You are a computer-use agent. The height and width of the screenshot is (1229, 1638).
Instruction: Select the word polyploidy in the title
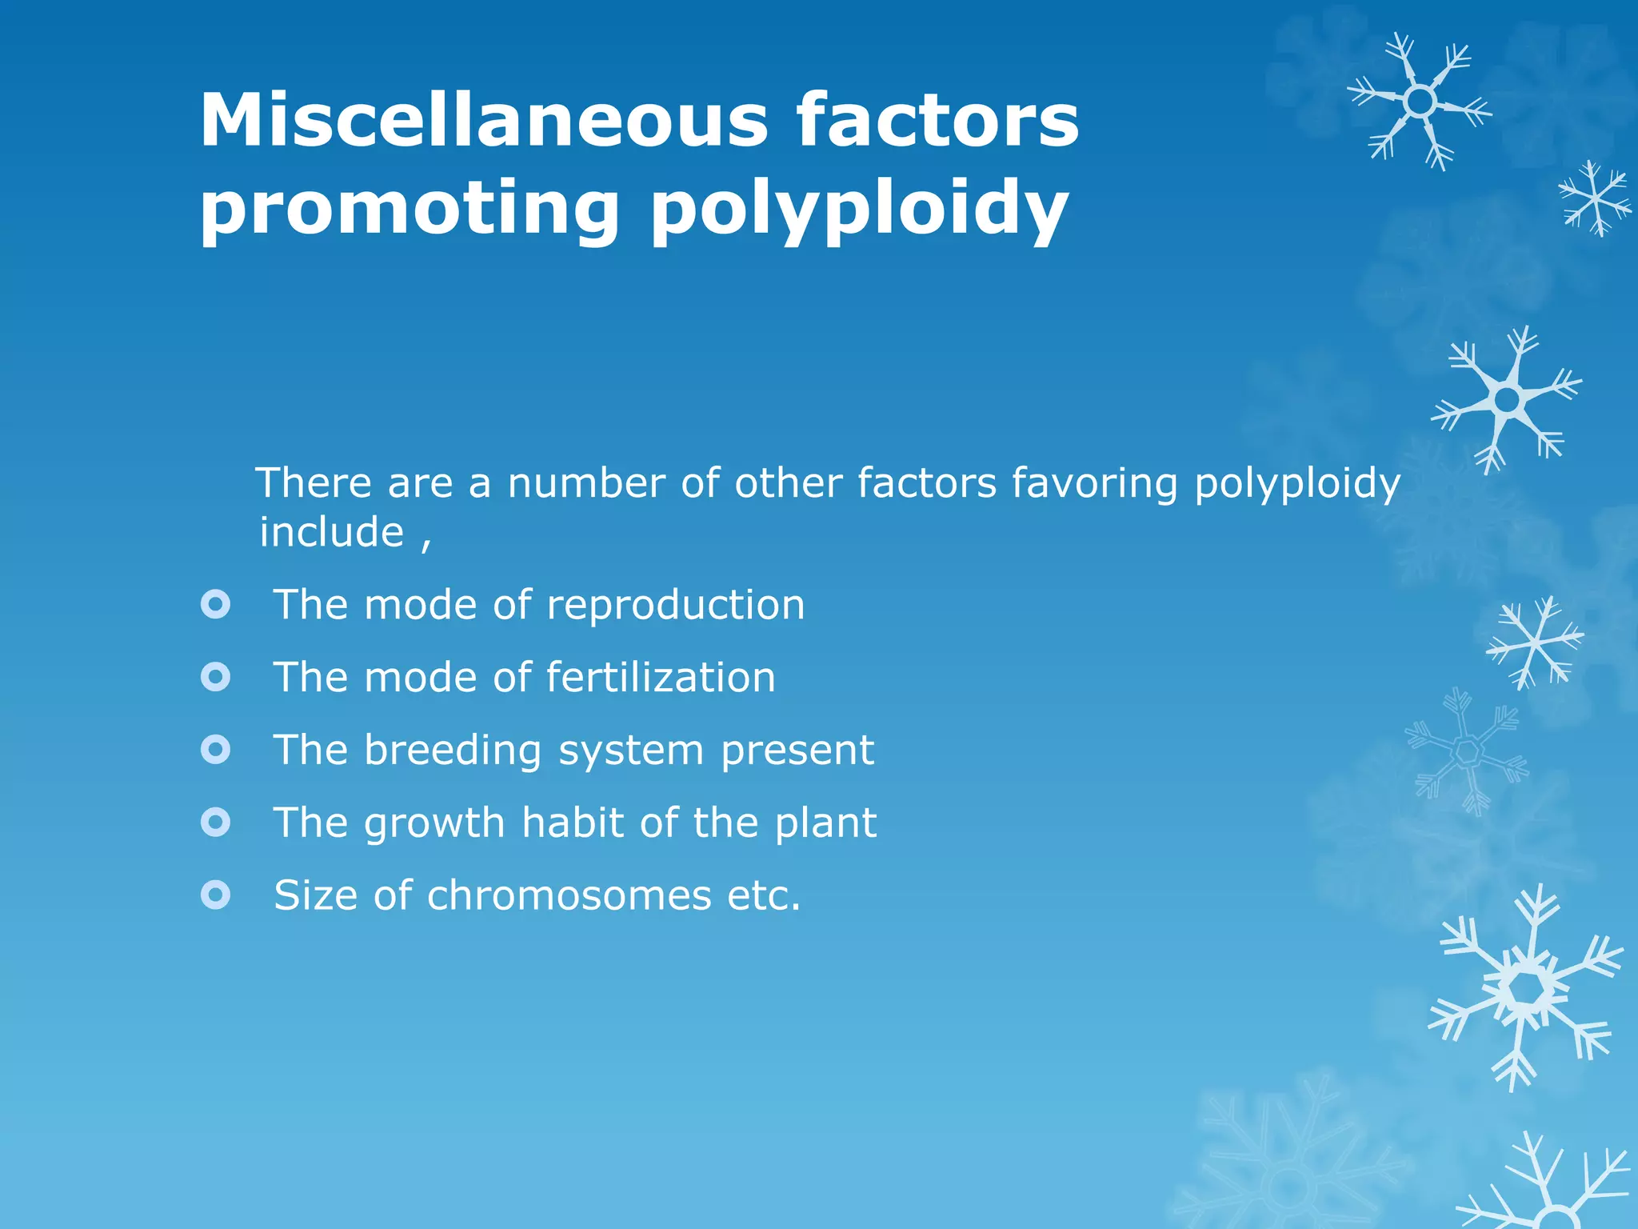click(x=859, y=210)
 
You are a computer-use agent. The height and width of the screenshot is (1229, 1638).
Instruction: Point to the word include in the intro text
click(x=332, y=532)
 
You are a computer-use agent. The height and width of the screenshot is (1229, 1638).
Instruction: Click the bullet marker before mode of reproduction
click(x=215, y=604)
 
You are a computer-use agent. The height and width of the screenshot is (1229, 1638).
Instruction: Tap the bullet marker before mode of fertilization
click(x=215, y=677)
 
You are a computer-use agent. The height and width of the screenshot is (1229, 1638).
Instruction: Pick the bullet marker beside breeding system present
click(x=215, y=750)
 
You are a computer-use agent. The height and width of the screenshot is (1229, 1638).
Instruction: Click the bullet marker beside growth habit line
click(x=215, y=822)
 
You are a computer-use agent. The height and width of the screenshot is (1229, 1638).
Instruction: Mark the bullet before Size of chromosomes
click(x=215, y=895)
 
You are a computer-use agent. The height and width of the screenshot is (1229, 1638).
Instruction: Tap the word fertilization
click(x=661, y=677)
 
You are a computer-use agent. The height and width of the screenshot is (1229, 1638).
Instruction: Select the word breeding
click(x=453, y=751)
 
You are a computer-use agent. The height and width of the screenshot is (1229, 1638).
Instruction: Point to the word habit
click(x=573, y=823)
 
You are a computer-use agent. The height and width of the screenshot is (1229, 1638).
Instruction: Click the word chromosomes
click(x=569, y=895)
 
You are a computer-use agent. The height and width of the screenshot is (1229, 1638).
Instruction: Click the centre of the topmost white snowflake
click(x=1420, y=102)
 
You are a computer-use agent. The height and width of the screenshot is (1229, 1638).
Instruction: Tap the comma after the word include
click(x=426, y=544)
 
